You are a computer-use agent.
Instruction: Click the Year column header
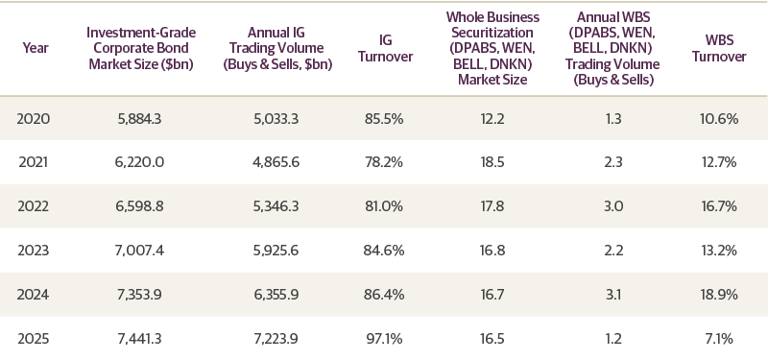[36, 48]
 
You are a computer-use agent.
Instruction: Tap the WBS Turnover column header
[719, 48]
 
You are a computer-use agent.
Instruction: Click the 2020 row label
[36, 119]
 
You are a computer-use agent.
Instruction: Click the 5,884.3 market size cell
[135, 119]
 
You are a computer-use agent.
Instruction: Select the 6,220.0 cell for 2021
[135, 161]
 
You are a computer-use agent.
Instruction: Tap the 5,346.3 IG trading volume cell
[274, 204]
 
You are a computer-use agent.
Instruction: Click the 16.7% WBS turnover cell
[719, 204]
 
